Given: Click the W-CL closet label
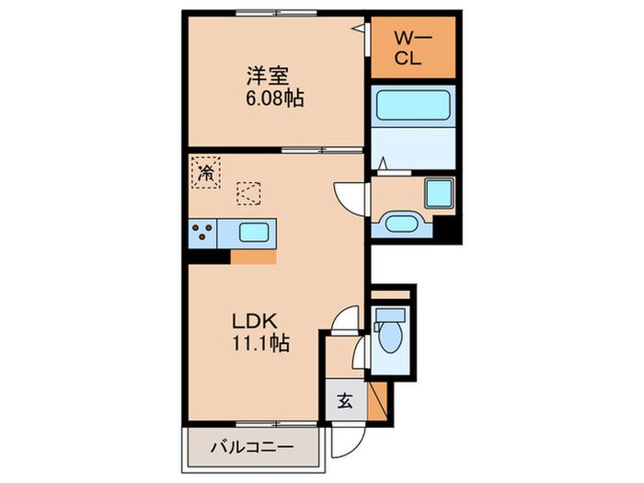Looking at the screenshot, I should tap(412, 49).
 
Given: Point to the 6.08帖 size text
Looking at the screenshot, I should tap(274, 98).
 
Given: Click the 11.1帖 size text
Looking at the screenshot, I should tap(261, 344).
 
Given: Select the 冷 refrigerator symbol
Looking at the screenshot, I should tap(207, 171).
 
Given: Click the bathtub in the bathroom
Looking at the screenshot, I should tap(413, 106).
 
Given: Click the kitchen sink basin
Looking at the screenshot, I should tap(253, 232).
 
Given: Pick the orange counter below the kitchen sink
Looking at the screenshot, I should tap(253, 257).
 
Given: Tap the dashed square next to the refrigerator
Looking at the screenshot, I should tap(248, 193).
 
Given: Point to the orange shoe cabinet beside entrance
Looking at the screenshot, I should tap(377, 401).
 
